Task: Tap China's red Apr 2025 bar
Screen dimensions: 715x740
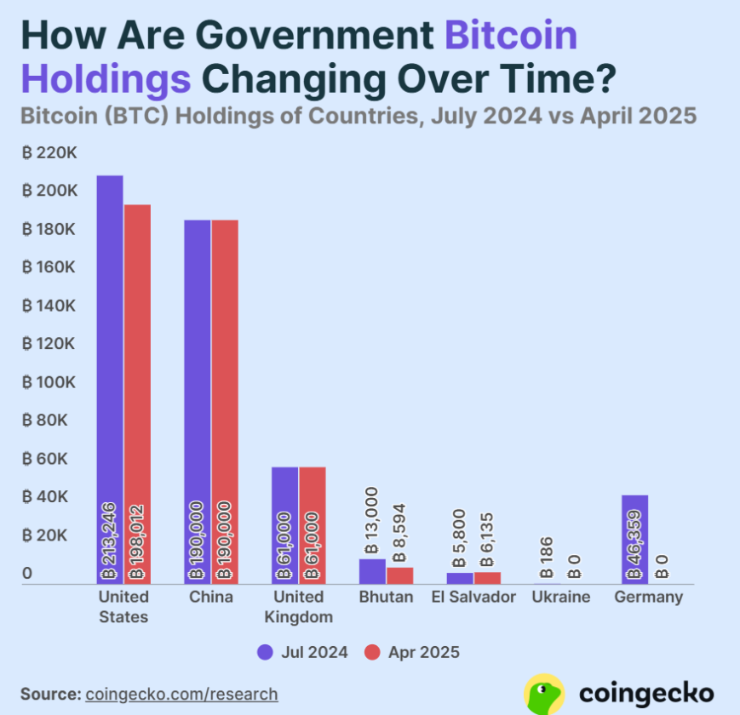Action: tap(225, 401)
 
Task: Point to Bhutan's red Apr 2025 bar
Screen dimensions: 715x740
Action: tap(400, 575)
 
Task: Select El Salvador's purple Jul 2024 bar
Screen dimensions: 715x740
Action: tap(460, 578)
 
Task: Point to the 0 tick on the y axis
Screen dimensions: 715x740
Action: tap(27, 574)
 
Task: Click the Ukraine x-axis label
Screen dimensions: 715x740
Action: tap(560, 597)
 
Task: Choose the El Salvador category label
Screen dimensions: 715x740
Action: tap(473, 597)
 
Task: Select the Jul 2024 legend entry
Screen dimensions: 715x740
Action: tap(302, 652)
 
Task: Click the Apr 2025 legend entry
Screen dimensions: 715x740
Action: tap(412, 652)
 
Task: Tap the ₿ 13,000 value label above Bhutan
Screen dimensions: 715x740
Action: tap(370, 521)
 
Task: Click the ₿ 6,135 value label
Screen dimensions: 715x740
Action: tap(487, 541)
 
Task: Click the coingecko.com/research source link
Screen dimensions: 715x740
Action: tap(181, 694)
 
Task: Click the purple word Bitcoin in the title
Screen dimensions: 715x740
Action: tap(512, 36)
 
